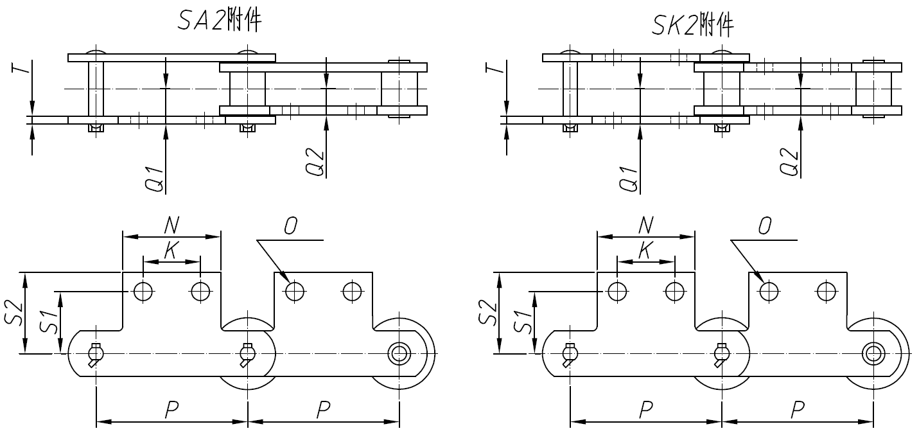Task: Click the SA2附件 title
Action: tap(220, 21)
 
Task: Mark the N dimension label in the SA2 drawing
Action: tap(171, 224)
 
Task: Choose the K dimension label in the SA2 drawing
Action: tap(171, 251)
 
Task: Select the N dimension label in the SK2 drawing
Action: tap(645, 224)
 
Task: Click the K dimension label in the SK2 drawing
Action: tap(645, 251)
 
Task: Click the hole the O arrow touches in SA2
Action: tap(295, 292)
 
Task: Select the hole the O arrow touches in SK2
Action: tap(769, 292)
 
